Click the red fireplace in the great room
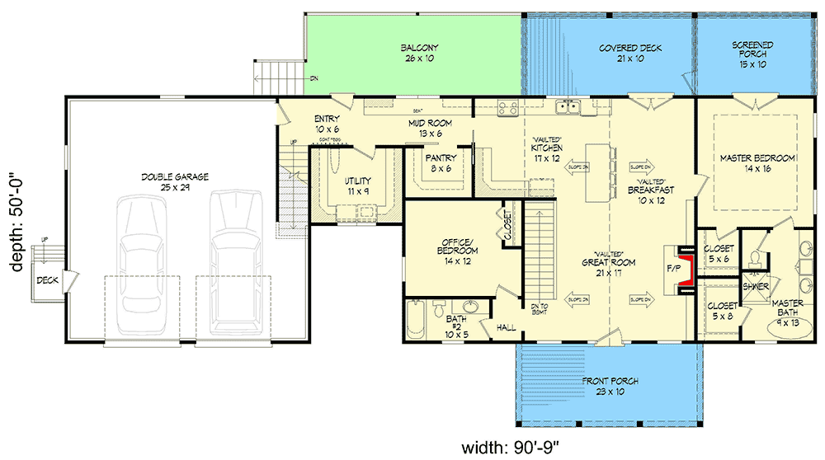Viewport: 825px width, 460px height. click(x=682, y=268)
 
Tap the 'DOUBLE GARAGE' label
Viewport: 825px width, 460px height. click(x=174, y=176)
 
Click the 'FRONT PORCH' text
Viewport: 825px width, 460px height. click(x=609, y=381)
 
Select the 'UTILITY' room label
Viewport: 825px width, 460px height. click(x=357, y=181)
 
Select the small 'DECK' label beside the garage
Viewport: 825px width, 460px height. click(x=47, y=280)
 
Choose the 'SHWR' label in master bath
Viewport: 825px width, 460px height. click(x=756, y=287)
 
